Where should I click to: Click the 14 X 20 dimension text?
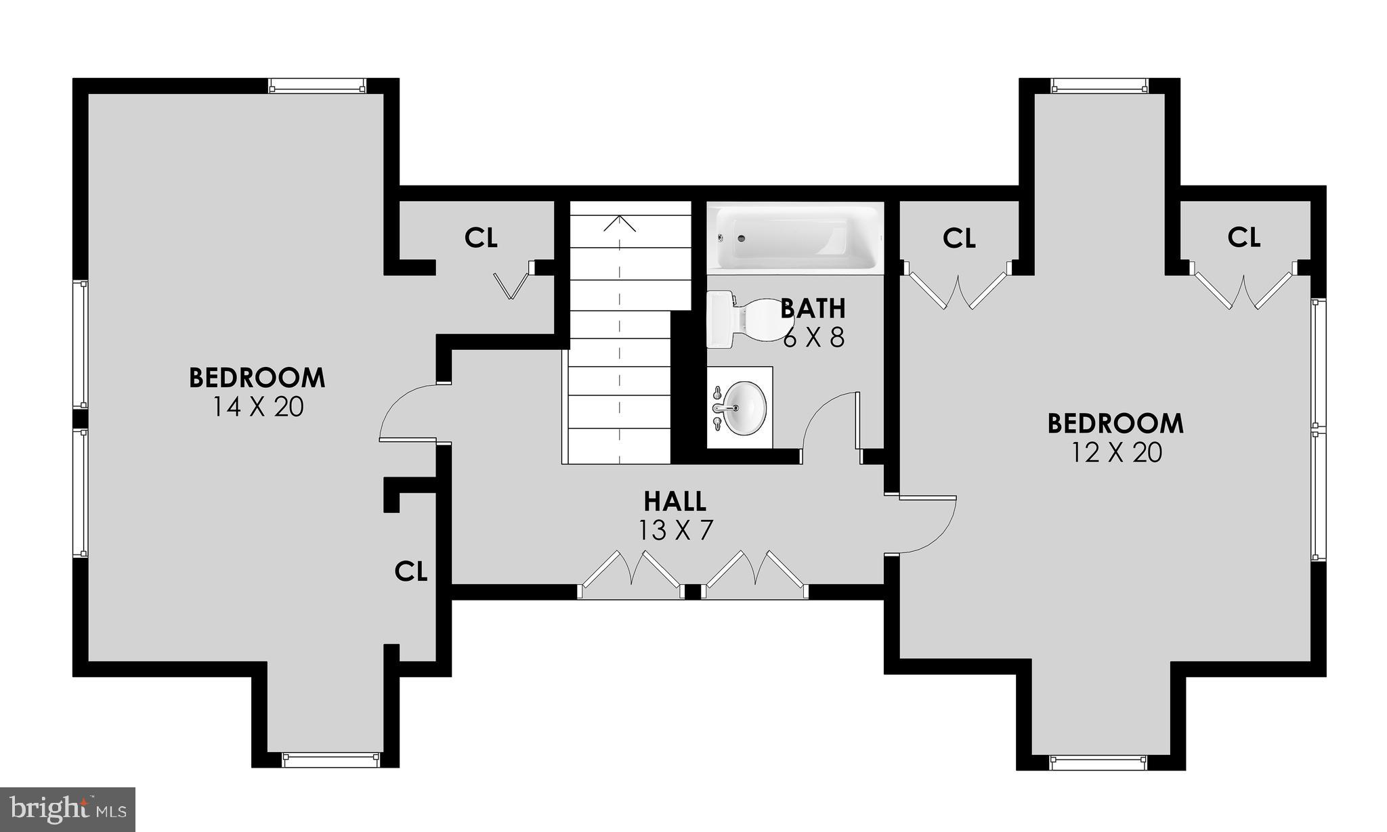pos(257,407)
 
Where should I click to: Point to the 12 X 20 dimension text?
pos(1116,452)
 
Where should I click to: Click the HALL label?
pos(675,502)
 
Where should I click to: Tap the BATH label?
pos(813,309)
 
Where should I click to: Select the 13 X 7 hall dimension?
pos(675,531)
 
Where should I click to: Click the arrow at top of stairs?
pos(619,224)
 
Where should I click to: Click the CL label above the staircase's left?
pos(481,238)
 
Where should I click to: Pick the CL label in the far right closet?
pos(1244,238)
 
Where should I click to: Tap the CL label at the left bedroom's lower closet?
pos(411,571)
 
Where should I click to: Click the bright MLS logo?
pos(68,807)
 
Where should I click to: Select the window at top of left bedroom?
pos(317,86)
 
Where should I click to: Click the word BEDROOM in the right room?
pos(1115,424)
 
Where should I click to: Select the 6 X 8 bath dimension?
pos(813,337)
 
